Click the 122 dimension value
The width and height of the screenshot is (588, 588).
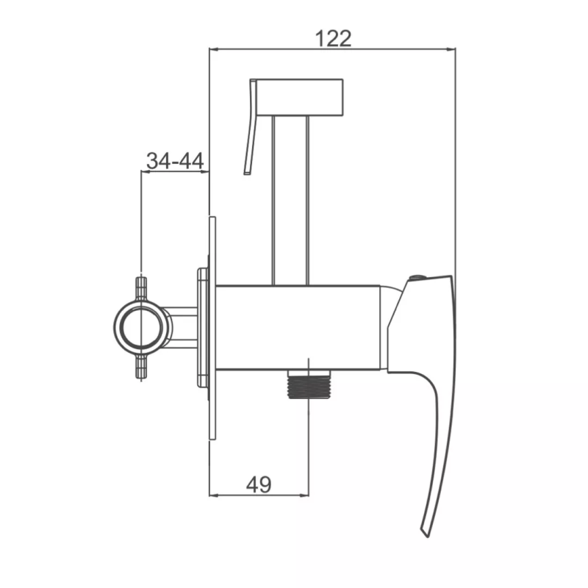(334, 39)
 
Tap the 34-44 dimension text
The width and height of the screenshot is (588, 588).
(175, 161)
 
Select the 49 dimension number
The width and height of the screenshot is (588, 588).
(259, 485)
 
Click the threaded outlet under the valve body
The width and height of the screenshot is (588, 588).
(309, 384)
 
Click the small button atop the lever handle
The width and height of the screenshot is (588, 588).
(416, 278)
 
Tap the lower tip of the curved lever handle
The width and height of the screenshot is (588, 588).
(426, 537)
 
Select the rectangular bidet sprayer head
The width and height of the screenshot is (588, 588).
(299, 97)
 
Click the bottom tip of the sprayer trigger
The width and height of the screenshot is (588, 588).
(247, 173)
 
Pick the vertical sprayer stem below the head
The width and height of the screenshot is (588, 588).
(291, 200)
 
